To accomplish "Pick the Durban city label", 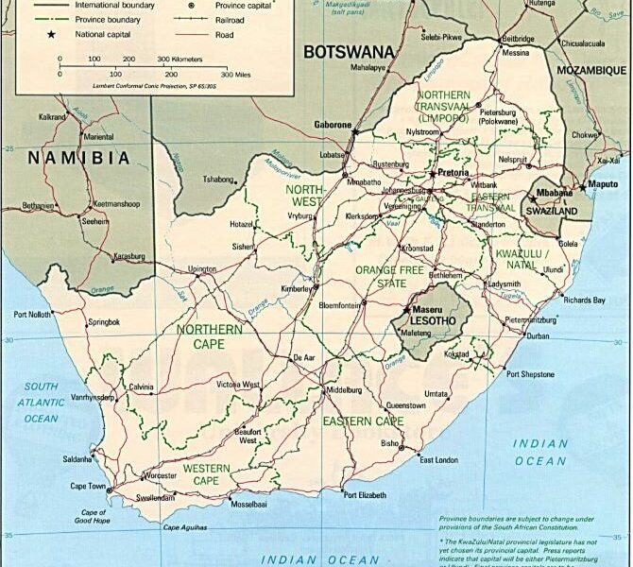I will tap(537, 336).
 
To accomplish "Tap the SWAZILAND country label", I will tap(551, 213).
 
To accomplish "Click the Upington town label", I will tap(202, 269).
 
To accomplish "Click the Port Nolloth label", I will tap(34, 315).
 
